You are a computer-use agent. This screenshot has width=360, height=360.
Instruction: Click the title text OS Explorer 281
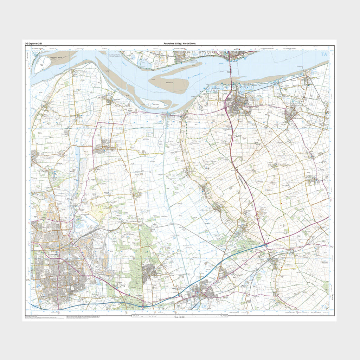coord(34,43)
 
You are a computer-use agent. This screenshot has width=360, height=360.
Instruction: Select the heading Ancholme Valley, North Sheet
coord(179,43)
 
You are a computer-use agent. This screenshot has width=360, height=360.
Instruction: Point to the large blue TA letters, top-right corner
coord(323,54)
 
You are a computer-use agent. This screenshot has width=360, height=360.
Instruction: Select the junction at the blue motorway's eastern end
coord(266,245)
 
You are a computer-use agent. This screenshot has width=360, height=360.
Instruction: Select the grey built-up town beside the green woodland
coord(150,271)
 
